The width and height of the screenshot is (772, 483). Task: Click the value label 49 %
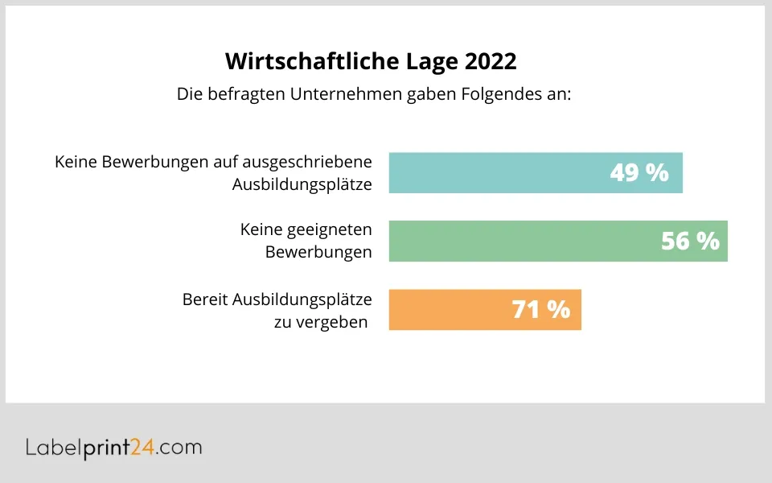[639, 173]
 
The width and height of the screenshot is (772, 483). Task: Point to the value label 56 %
[690, 241]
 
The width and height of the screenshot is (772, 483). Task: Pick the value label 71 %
[541, 310]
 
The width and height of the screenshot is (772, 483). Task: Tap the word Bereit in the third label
[204, 299]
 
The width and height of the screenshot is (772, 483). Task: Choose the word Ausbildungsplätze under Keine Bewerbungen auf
[302, 184]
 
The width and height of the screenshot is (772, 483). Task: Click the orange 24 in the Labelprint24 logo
[142, 448]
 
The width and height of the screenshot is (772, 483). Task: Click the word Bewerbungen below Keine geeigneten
[318, 252]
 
